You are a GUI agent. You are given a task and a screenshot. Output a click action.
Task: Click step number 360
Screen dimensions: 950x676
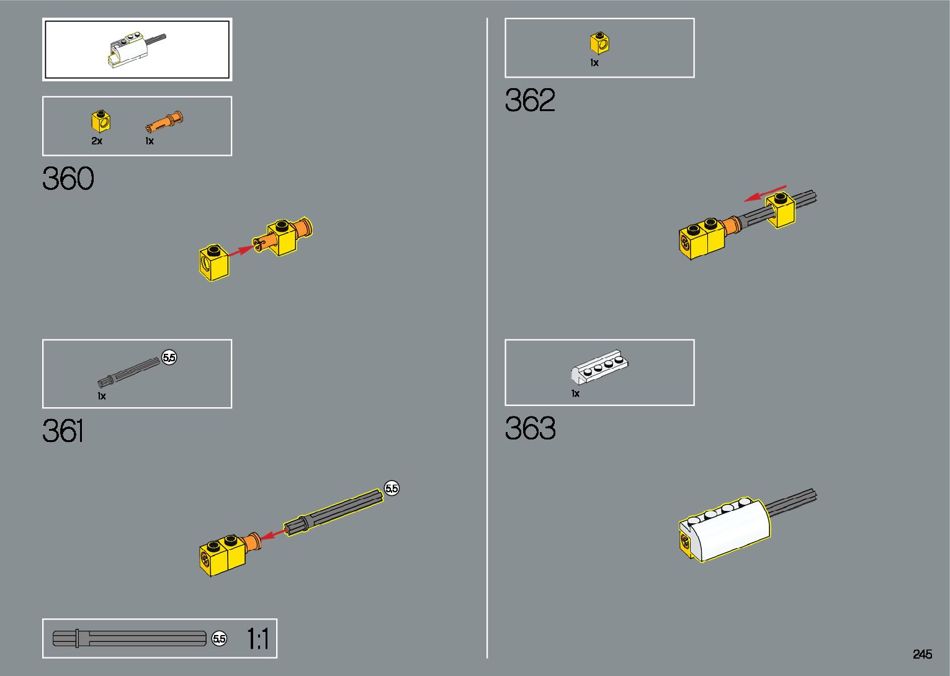point(68,179)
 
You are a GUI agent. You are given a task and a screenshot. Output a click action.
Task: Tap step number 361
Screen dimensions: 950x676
point(63,431)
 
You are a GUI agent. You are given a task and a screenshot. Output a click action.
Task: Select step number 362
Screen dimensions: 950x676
point(530,100)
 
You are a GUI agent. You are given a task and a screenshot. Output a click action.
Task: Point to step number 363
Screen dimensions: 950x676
point(530,428)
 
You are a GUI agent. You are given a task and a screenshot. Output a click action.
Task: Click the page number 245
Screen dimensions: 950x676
point(922,654)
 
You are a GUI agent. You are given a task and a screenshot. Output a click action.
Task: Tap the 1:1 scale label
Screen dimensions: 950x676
point(258,639)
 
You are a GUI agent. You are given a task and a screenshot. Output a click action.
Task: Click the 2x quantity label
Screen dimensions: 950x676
point(97,141)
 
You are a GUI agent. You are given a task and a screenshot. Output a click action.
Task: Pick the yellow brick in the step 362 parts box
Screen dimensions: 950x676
point(599,43)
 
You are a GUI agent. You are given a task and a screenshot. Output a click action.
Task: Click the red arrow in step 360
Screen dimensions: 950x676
point(241,251)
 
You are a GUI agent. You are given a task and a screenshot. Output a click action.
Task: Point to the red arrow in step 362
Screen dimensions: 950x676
point(765,193)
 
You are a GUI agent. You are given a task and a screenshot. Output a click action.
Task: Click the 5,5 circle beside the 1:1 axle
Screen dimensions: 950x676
point(220,639)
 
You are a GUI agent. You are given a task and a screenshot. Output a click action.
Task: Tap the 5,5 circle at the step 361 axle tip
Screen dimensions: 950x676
point(392,489)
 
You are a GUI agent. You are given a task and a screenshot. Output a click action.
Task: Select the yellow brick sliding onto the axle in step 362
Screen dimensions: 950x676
point(781,210)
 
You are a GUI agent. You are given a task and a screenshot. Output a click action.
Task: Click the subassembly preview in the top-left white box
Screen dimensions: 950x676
point(137,50)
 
